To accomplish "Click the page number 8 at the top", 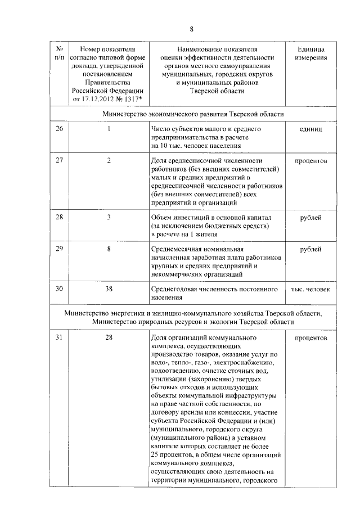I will (x=191, y=29).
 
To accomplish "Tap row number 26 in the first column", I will (x=60, y=129).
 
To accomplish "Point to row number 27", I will (x=60, y=161).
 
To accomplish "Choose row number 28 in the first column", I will (x=60, y=217).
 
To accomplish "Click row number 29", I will (x=60, y=249).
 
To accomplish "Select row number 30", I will (x=60, y=289).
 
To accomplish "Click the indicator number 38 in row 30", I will (x=109, y=289).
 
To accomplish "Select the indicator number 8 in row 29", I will (x=109, y=249).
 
